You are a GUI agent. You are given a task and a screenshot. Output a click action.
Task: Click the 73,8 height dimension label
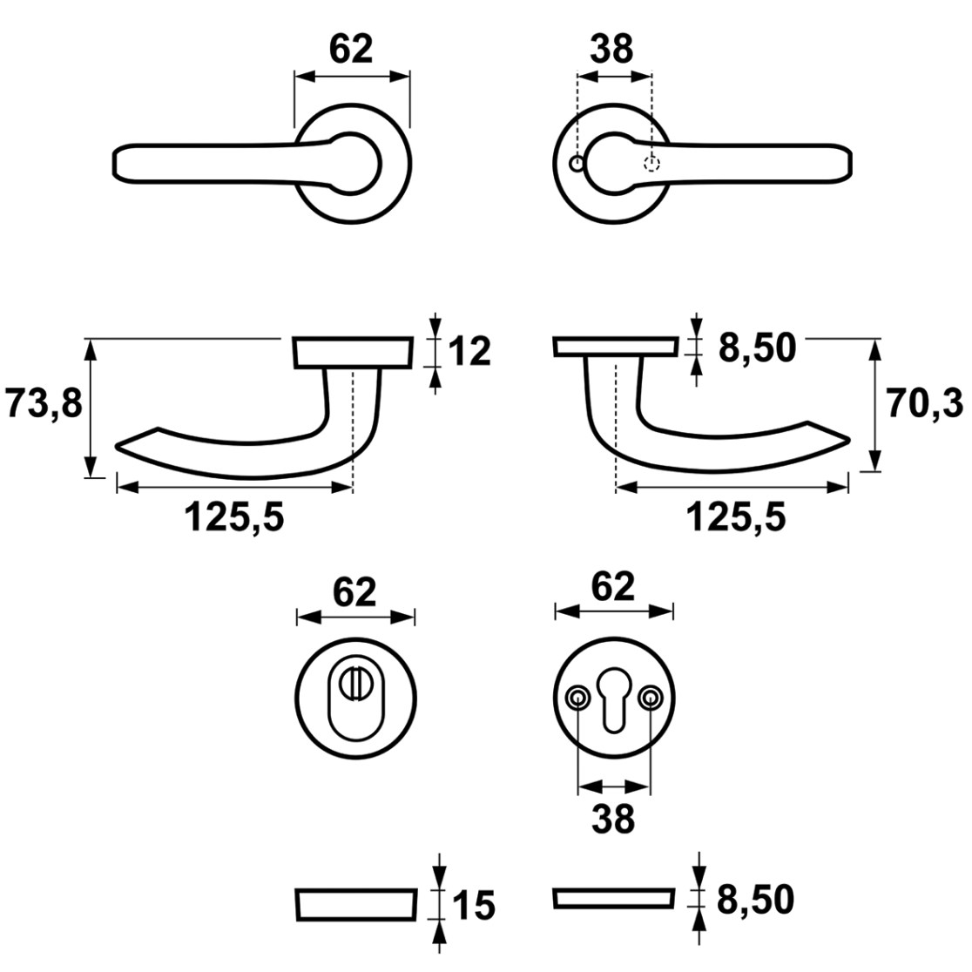[44, 403]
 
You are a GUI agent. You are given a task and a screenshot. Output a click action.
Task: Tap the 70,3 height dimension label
[925, 403]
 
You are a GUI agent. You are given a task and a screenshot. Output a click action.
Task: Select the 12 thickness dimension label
[469, 352]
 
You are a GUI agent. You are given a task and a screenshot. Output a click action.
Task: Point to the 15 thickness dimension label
[474, 906]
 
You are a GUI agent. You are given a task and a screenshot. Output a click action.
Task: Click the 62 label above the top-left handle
[351, 49]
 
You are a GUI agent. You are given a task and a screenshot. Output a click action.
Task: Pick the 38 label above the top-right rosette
[611, 49]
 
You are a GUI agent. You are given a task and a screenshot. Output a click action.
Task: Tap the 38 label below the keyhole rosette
[613, 818]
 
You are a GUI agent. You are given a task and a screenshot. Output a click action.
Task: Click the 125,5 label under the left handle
[234, 516]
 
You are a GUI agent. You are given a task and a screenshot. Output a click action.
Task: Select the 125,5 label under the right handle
[736, 516]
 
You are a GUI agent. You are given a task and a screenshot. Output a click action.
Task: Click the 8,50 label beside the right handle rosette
[757, 348]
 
